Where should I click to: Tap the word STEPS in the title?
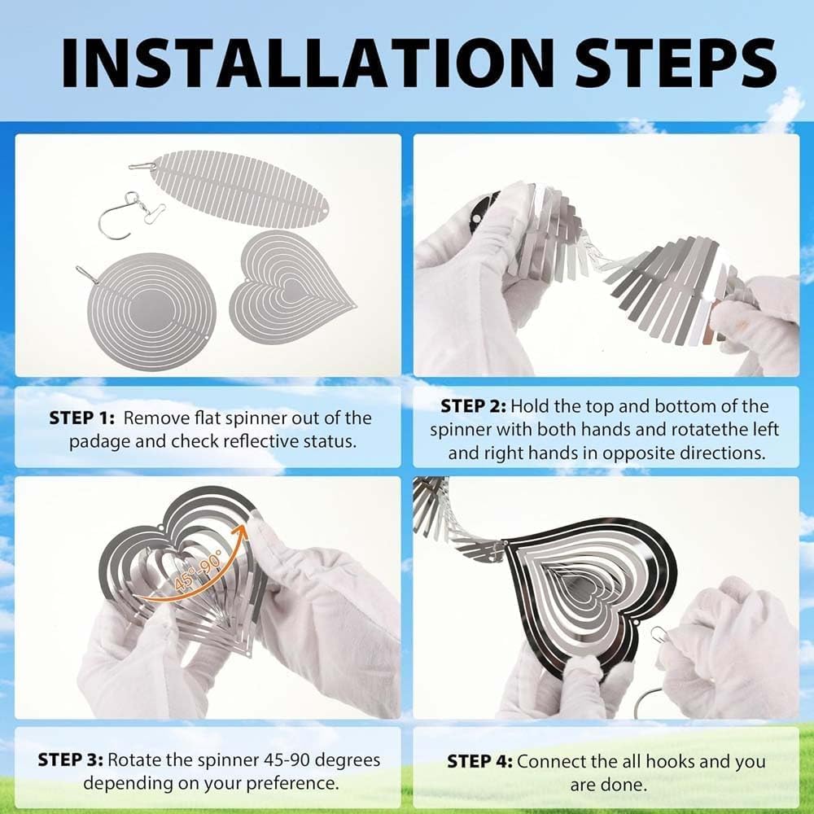676,63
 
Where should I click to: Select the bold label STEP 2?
472,406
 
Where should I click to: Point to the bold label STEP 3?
71,760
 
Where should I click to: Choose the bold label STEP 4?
479,762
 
